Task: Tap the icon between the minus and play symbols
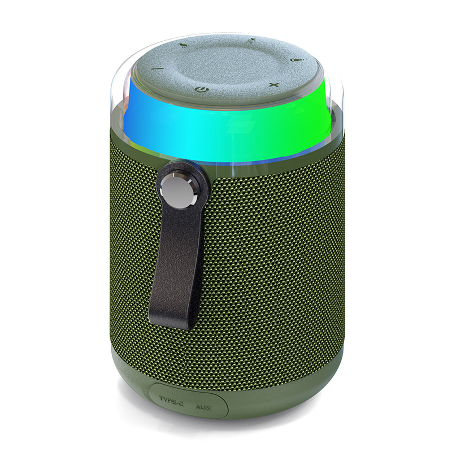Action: click(182, 45)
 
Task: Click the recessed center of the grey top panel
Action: click(223, 65)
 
